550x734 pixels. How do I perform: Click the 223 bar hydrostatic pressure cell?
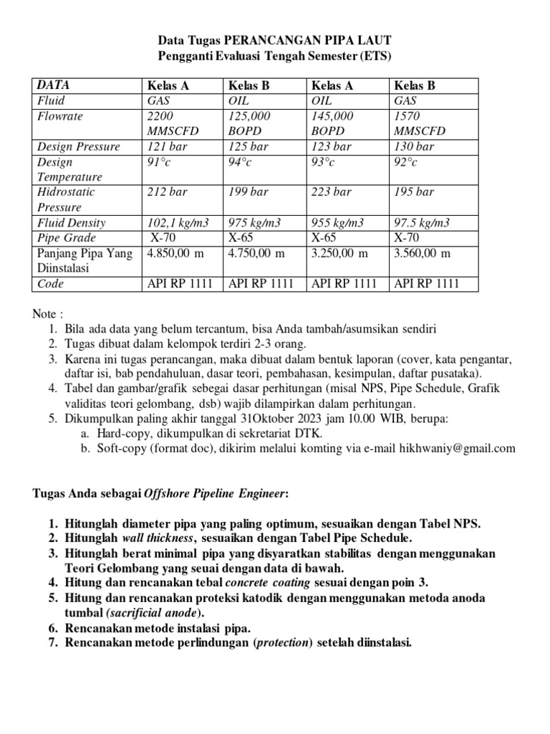(332, 192)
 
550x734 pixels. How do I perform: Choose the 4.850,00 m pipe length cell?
(175, 253)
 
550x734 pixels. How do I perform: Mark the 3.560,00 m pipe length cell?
(423, 253)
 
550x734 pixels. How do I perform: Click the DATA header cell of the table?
(54, 85)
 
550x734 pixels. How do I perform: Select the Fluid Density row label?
(71, 222)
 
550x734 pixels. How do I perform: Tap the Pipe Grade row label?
(67, 237)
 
